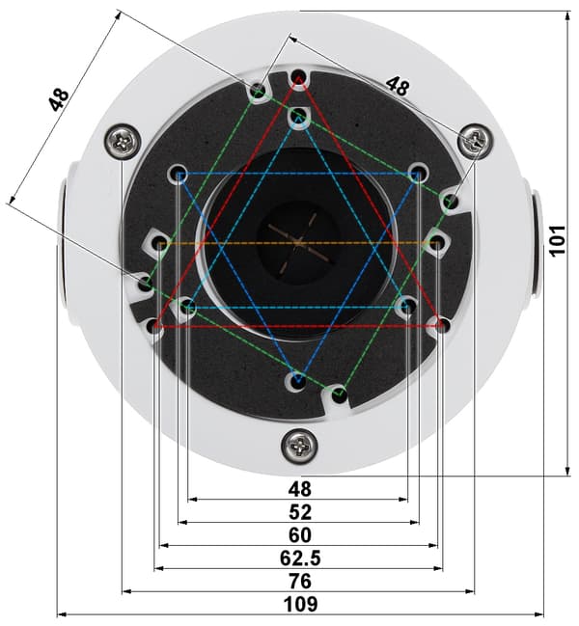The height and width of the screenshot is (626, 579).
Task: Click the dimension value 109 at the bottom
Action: (301, 604)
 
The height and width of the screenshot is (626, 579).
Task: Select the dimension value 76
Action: (300, 581)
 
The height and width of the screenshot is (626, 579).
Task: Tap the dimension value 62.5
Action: (300, 558)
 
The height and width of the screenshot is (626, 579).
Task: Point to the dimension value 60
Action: (300, 535)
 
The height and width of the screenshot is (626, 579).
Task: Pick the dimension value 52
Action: (300, 512)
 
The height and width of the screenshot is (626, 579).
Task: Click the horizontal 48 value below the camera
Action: (300, 489)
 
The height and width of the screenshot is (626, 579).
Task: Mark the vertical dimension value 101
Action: (558, 241)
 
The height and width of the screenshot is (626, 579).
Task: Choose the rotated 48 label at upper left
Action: (59, 99)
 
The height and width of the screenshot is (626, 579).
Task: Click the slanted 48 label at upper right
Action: (398, 86)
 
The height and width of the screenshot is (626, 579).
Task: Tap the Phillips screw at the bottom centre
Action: (300, 446)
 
